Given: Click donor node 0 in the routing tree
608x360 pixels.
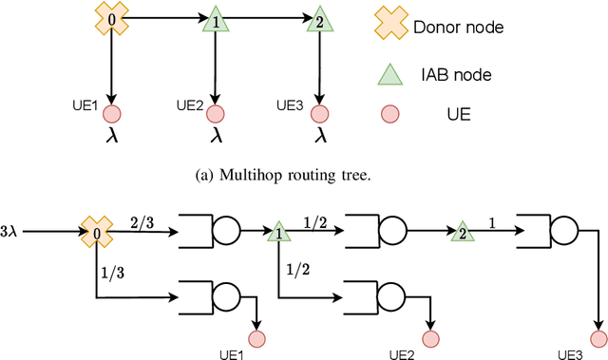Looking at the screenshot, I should [113, 18].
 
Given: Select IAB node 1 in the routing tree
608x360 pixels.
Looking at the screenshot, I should [218, 20].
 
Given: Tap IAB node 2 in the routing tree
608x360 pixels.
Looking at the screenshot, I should [321, 20].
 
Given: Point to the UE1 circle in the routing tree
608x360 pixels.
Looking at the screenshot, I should [113, 115].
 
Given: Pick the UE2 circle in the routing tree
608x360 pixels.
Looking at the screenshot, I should [218, 115].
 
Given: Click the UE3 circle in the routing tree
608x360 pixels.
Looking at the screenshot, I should [321, 115].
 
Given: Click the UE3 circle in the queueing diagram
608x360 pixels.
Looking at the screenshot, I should [596, 337].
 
